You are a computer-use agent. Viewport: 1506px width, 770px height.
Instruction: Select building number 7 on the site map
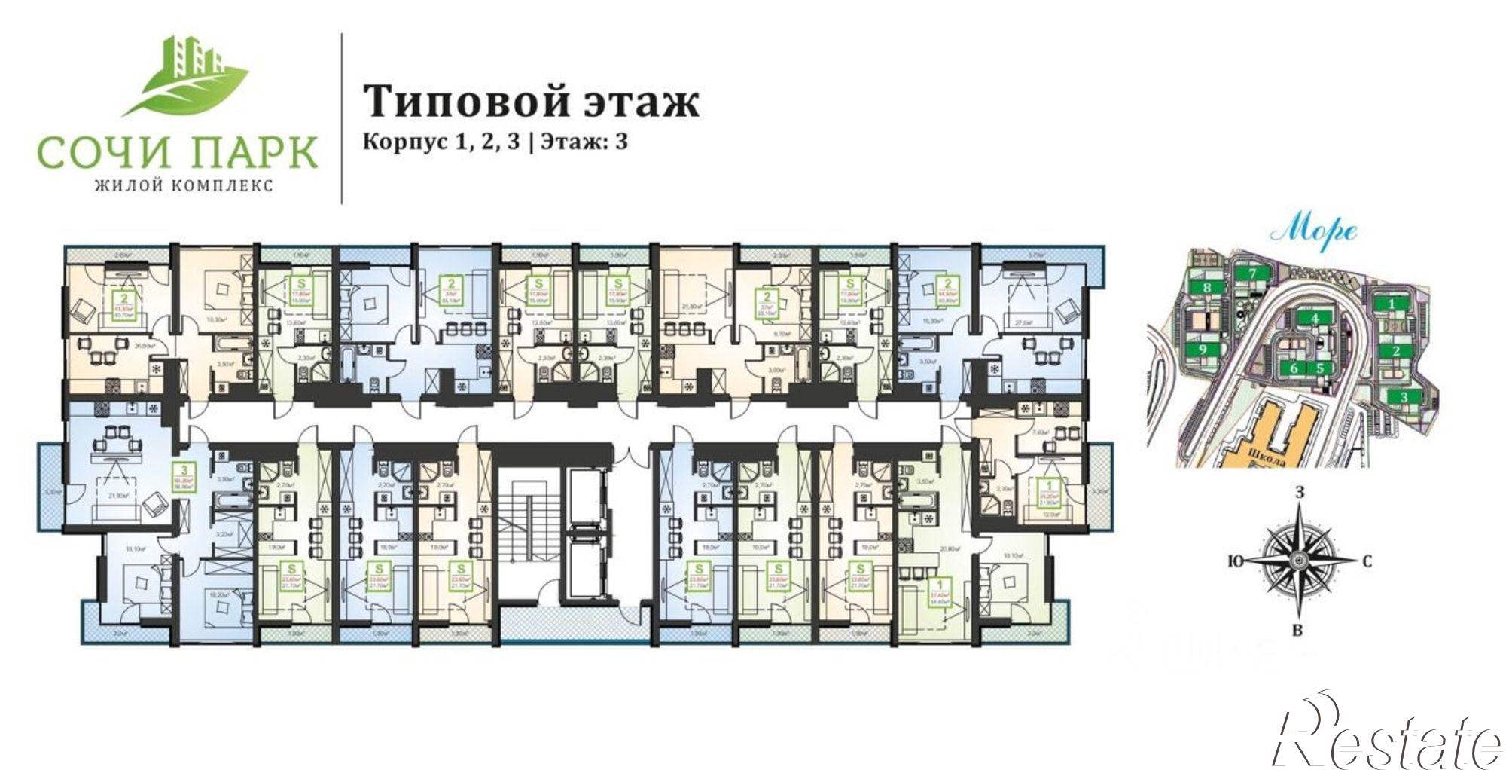coord(1253,273)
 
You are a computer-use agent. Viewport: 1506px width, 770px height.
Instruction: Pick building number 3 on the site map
coord(1403,397)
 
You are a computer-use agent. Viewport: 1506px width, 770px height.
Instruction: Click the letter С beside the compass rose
coord(1366,561)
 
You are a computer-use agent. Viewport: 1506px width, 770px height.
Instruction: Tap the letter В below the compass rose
coord(1297,631)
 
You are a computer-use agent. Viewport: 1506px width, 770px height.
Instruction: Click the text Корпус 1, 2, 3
coord(441,142)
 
